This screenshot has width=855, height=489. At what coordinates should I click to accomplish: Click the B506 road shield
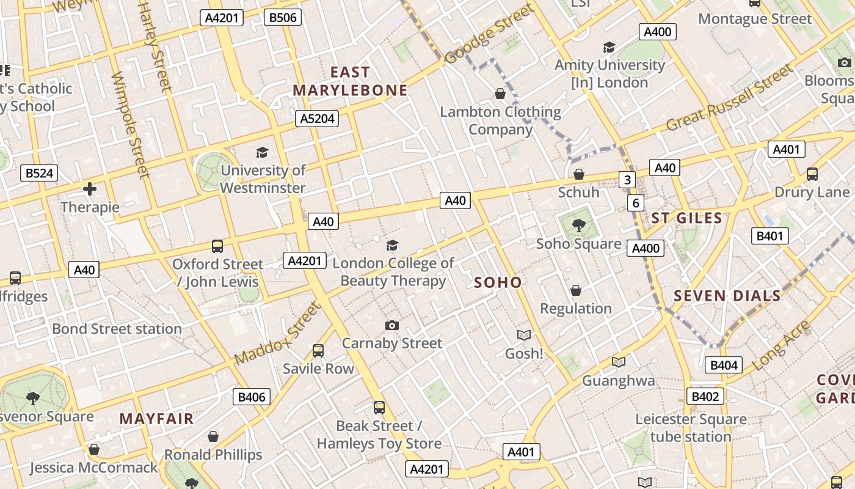pos(283,17)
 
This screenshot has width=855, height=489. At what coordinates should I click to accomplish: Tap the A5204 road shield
pos(317,119)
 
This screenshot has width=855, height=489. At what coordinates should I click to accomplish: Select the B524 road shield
pos(38,173)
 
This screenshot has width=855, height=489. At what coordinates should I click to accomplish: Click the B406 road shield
pos(252,397)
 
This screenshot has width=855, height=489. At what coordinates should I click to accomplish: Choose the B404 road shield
pos(724,366)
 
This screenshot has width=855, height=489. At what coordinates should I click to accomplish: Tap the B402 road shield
pos(705,396)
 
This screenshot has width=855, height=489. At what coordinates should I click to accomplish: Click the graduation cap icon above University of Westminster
pos(263,152)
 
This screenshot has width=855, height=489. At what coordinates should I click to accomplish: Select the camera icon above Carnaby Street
pos(392,325)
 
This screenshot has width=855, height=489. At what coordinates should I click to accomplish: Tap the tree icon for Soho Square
pos(578,226)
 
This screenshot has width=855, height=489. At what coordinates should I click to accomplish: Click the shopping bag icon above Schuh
pos(578,175)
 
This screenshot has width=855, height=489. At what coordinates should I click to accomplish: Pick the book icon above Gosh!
pos(524,335)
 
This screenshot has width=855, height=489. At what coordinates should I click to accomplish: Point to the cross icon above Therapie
pos(90,189)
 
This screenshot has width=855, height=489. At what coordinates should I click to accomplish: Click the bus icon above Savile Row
pos(318,351)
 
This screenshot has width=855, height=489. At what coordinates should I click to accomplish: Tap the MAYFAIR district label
pos(156,419)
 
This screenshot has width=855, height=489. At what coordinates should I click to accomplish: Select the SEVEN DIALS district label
pos(727,296)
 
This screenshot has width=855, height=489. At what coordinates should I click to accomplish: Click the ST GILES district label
pos(686,218)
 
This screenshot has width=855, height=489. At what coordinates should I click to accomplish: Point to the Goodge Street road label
pos(489,35)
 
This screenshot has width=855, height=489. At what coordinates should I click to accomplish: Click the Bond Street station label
pos(117,329)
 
